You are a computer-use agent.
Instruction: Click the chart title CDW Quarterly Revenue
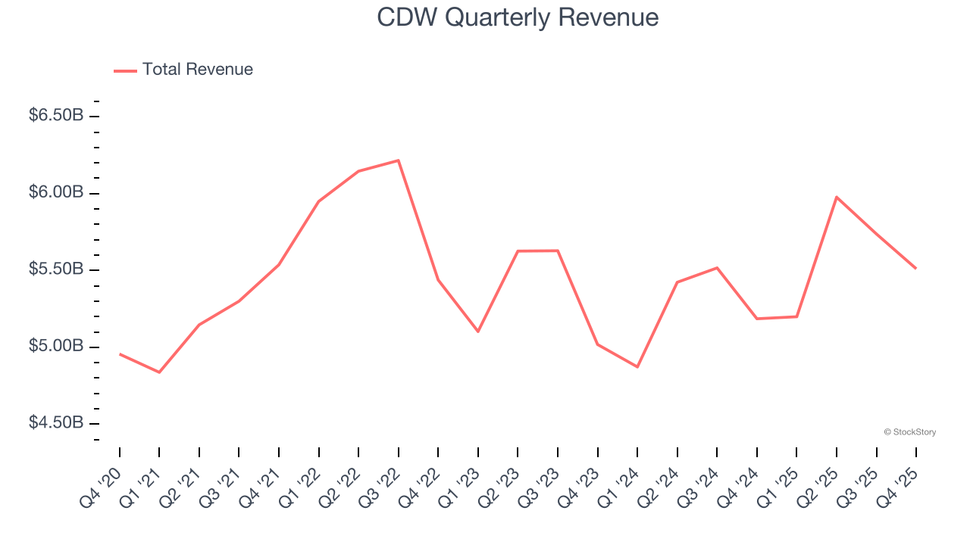(x=518, y=17)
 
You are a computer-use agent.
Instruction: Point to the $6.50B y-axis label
(x=56, y=116)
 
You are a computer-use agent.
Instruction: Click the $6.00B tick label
(x=56, y=193)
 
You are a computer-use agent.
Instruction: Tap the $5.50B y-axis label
(x=56, y=269)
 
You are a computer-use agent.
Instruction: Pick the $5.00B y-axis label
(x=56, y=347)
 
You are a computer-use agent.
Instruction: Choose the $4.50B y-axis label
(x=56, y=423)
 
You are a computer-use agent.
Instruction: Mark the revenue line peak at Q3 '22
(x=399, y=160)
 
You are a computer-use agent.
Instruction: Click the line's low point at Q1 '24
(x=637, y=367)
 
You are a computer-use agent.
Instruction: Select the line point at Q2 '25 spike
(x=837, y=197)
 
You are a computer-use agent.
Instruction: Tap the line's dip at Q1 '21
(x=159, y=372)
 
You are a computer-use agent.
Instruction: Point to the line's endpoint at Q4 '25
(x=915, y=268)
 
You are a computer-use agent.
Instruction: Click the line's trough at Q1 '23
(x=478, y=332)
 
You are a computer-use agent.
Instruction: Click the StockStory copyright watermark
(x=909, y=432)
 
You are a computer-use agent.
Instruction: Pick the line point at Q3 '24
(x=717, y=268)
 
